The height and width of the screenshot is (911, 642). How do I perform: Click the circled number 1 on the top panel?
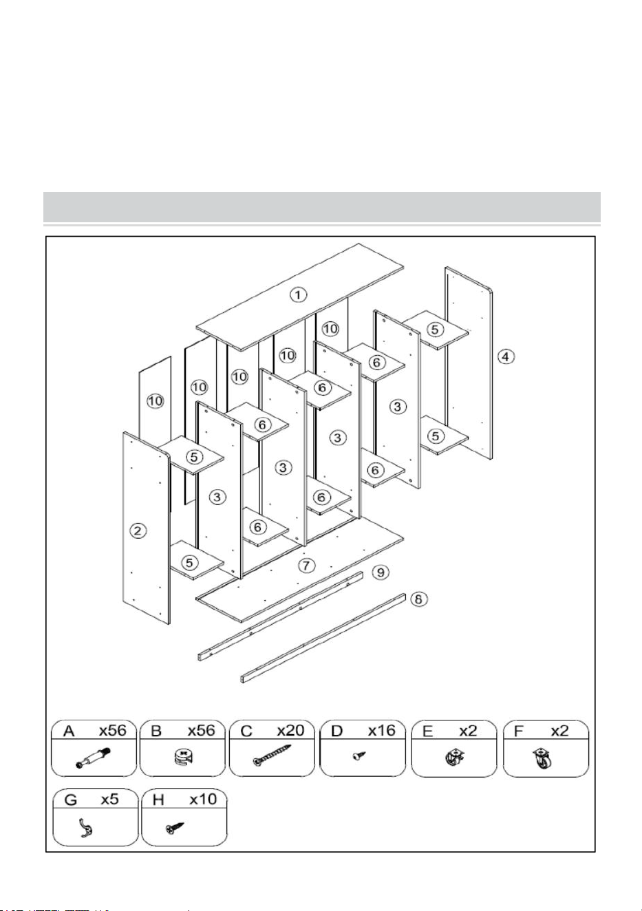pyautogui.click(x=298, y=294)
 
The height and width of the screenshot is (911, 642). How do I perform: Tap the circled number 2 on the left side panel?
pyautogui.click(x=138, y=530)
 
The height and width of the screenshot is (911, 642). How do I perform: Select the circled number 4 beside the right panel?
pyautogui.click(x=506, y=357)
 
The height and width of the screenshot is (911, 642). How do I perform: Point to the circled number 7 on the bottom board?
pyautogui.click(x=306, y=565)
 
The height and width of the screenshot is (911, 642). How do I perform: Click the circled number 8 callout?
pyautogui.click(x=419, y=599)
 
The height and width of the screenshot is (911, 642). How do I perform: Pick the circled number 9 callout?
pyautogui.click(x=381, y=572)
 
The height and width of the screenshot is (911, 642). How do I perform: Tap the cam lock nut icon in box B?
pyautogui.click(x=182, y=758)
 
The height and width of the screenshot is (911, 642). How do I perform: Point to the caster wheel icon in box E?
pyautogui.click(x=454, y=758)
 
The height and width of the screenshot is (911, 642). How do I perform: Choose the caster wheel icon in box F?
pyautogui.click(x=543, y=759)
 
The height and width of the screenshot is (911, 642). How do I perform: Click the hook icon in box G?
pyautogui.click(x=85, y=828)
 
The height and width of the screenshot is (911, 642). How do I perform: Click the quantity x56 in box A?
pyautogui.click(x=113, y=731)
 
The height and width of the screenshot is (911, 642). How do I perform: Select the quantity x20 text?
pyautogui.click(x=290, y=731)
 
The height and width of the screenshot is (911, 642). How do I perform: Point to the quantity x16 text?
pyautogui.click(x=382, y=731)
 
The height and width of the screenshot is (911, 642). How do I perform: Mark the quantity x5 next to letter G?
pyautogui.click(x=109, y=800)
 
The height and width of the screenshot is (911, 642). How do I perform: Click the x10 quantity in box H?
pyautogui.click(x=204, y=800)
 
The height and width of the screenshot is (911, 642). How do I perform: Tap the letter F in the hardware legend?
pyautogui.click(x=518, y=731)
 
